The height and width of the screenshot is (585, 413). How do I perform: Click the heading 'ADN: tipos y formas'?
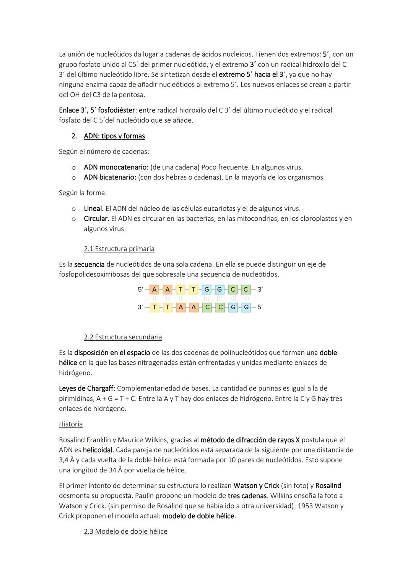[114, 136]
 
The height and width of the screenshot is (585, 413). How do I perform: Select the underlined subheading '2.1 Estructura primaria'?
[119, 249]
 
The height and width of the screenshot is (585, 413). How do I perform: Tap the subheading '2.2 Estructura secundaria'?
[123, 337]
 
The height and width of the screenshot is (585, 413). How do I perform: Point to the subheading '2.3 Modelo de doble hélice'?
[125, 531]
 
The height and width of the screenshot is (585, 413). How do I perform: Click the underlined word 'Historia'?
[71, 424]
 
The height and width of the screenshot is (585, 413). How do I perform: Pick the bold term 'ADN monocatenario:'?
[116, 167]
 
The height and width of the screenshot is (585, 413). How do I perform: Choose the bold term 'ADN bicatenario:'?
[110, 177]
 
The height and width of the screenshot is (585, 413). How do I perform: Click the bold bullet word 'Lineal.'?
[94, 209]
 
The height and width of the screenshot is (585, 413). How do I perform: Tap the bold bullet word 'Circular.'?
[96, 219]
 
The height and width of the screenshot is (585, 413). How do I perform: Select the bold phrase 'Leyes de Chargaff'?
[86, 388]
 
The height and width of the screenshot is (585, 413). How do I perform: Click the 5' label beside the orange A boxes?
[140, 290]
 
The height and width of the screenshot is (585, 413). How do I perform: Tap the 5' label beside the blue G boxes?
[260, 307]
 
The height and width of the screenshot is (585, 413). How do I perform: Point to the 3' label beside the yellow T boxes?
[140, 307]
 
